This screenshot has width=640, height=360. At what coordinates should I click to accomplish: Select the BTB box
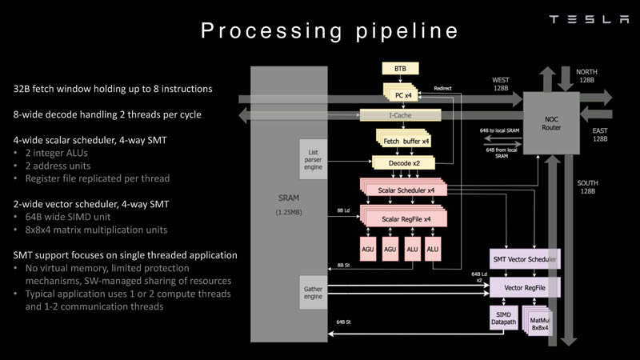[x=400, y=69]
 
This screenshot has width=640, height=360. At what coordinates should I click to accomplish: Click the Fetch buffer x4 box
[x=402, y=141]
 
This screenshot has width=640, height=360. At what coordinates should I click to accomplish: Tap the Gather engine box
[x=313, y=292]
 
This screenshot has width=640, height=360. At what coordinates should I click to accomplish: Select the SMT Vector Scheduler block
[x=524, y=259]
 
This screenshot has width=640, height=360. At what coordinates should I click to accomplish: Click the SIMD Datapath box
[x=502, y=320]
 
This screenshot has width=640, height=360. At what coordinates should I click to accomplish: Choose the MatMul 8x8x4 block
[x=538, y=323]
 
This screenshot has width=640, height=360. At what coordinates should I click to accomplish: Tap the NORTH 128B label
[x=586, y=77]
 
